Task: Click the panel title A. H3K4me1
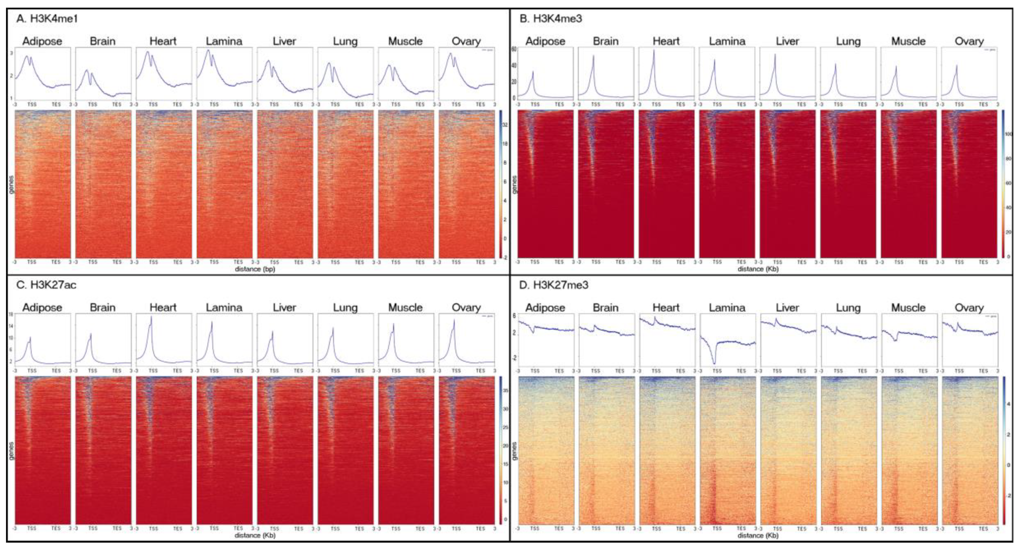click(47, 19)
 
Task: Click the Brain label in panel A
click(103, 41)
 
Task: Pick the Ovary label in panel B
click(969, 41)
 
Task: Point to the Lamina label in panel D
click(727, 308)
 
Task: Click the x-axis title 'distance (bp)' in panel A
click(255, 269)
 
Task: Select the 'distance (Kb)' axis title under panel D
click(758, 535)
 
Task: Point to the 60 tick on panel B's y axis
click(514, 49)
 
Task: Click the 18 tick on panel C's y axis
click(11, 315)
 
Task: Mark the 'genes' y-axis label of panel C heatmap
click(11, 451)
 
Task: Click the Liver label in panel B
click(787, 41)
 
